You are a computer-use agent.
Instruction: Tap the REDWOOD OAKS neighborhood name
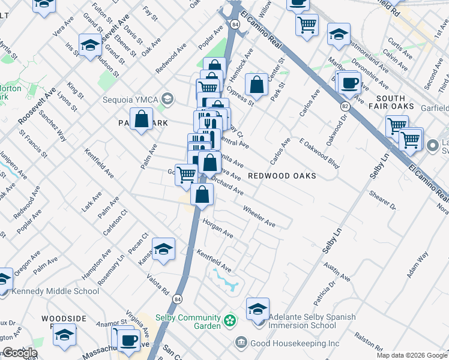[x=282, y=176]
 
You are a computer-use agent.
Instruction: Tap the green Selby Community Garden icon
[x=229, y=321]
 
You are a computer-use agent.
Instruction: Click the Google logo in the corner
[x=19, y=353]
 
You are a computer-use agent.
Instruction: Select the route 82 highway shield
[x=345, y=106]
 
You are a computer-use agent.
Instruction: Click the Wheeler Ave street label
[x=259, y=216]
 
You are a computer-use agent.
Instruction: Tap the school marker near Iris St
[x=90, y=46]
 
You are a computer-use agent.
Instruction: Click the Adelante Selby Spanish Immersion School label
[x=312, y=321]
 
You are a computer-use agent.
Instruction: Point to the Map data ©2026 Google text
[x=412, y=355]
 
